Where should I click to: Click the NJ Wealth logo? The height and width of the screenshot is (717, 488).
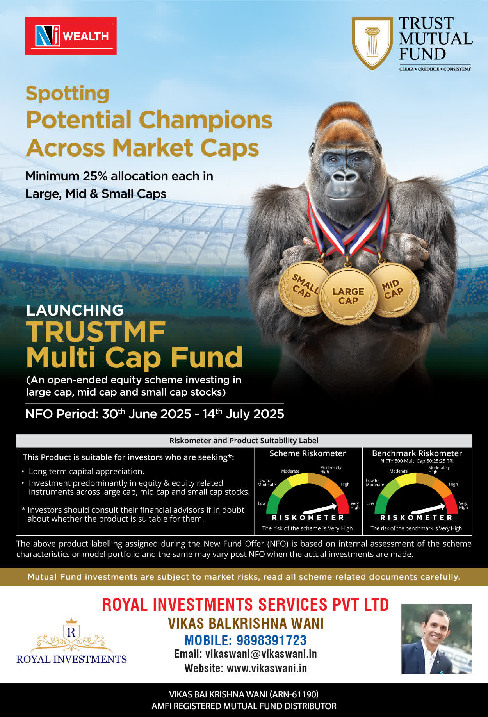point(71,36)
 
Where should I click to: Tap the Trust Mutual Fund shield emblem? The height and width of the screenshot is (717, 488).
point(372,43)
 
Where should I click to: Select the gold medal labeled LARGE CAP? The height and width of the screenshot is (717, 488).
point(348,296)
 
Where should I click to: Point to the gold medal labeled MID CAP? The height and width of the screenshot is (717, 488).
point(393,290)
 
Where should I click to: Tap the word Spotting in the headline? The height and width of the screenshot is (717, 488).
point(68,94)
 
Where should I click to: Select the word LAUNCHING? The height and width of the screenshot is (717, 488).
point(75,310)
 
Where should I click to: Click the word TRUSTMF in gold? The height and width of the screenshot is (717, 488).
point(96,332)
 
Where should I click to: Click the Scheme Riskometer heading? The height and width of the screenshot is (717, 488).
point(308,453)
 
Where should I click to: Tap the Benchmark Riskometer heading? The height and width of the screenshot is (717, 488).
point(417,453)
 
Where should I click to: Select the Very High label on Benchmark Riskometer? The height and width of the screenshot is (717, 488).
point(463,505)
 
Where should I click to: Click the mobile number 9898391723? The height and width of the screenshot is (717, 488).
point(272,640)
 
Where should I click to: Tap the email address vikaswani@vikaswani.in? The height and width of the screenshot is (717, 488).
point(261,654)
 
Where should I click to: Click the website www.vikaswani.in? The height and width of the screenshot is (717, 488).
point(267,668)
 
